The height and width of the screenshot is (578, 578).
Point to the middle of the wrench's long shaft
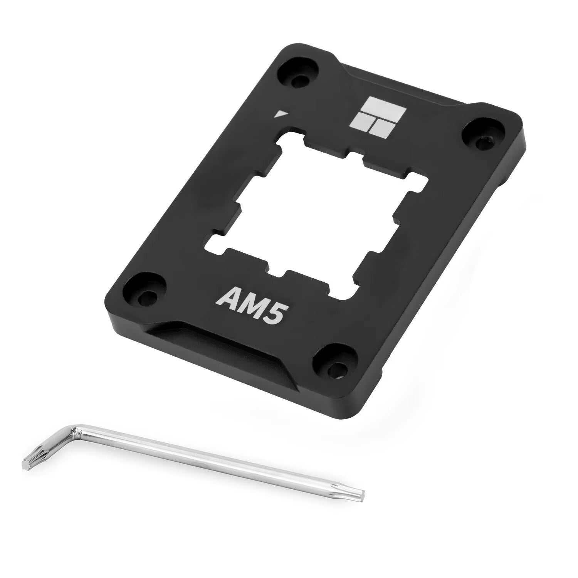coord(216,462)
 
